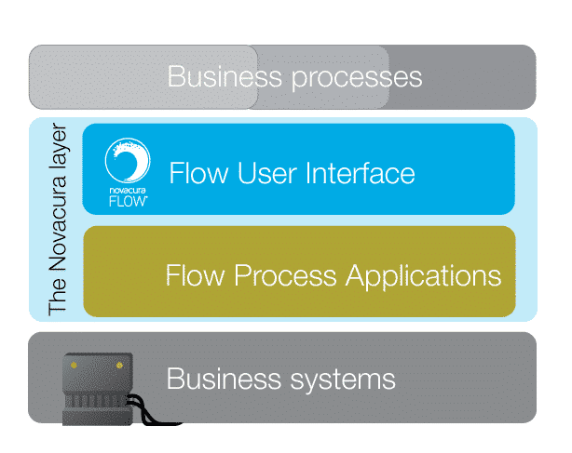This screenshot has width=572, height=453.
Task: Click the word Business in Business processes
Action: (x=225, y=76)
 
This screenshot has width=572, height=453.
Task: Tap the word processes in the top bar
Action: (x=357, y=79)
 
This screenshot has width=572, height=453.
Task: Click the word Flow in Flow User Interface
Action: (x=198, y=173)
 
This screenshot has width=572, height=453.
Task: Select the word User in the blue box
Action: (x=267, y=173)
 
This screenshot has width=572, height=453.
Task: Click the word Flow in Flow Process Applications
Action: (x=195, y=275)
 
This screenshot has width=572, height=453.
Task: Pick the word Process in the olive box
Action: (x=285, y=275)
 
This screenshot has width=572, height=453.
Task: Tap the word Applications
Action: (x=423, y=277)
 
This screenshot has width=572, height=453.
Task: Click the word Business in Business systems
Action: (x=224, y=379)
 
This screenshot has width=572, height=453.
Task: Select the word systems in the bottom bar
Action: (x=343, y=380)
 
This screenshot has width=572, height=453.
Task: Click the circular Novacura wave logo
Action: (x=128, y=160)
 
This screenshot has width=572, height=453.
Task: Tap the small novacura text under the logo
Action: (x=128, y=190)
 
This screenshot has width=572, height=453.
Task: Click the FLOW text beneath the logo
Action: (x=128, y=201)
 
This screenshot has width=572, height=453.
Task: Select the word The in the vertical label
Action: (x=58, y=297)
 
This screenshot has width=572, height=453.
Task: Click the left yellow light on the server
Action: (x=74, y=366)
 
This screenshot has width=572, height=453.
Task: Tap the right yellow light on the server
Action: (x=119, y=366)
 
